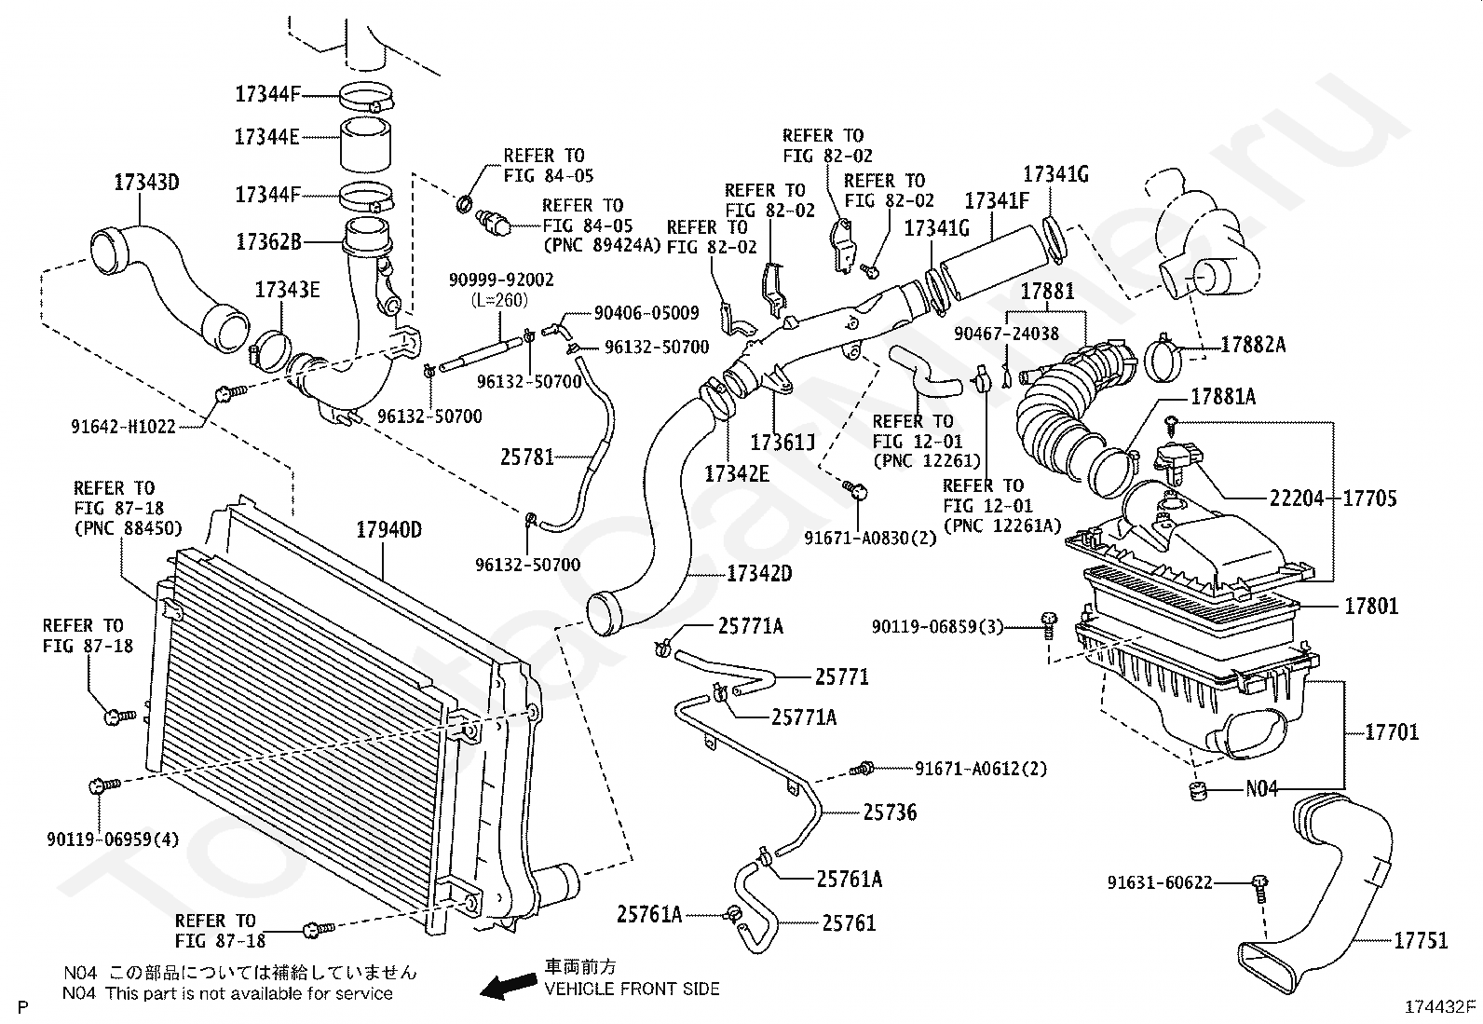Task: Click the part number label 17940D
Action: (388, 530)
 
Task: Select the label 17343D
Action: (146, 182)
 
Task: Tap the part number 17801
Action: (1371, 606)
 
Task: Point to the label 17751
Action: (1421, 940)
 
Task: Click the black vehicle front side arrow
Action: (509, 986)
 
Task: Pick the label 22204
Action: (1297, 498)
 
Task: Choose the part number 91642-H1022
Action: (123, 427)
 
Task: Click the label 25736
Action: (890, 812)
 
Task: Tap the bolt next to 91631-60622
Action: (1259, 888)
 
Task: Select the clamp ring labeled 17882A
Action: (1163, 358)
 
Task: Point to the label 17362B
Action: (268, 242)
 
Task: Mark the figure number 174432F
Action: (1441, 1007)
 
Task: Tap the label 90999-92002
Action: (501, 280)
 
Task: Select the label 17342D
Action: (758, 574)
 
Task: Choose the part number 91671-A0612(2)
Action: (981, 769)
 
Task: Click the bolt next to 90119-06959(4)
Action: (104, 785)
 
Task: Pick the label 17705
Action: (1369, 498)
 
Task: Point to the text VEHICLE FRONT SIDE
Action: (632, 989)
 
